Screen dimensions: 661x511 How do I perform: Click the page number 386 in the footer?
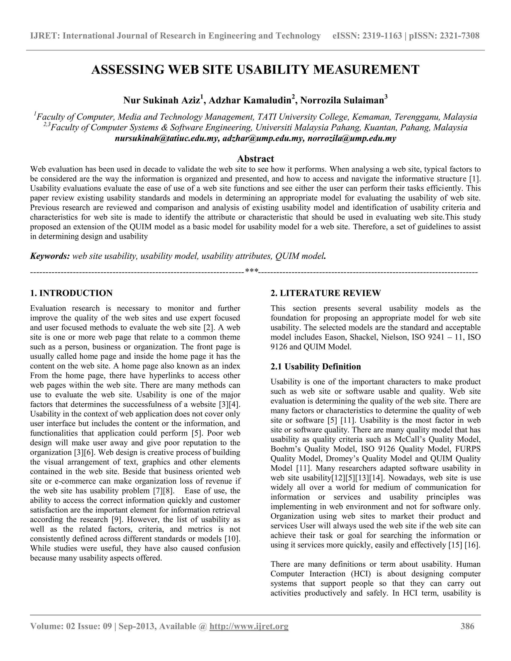coord(467,626)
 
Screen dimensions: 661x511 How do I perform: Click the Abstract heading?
coord(255,159)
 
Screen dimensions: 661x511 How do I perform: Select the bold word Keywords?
coord(50,256)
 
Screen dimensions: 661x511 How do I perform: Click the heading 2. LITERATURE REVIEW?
coord(326,293)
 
